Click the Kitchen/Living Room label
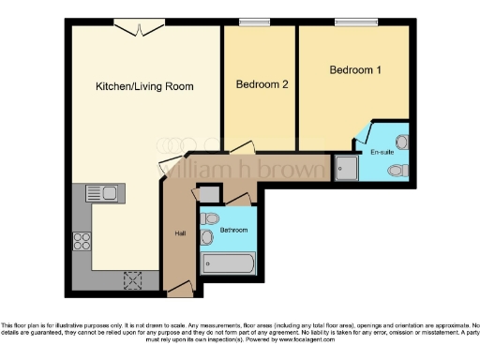(x=144, y=86)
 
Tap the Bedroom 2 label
(x=261, y=84)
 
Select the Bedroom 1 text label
(x=355, y=70)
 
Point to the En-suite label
(x=382, y=150)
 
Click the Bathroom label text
(x=233, y=230)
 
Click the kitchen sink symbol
(x=100, y=193)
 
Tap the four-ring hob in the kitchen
(x=82, y=240)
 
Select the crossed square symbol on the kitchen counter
(x=132, y=278)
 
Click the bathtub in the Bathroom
(x=229, y=263)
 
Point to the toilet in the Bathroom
(x=209, y=218)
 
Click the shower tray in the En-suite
(x=345, y=168)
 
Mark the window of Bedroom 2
(x=252, y=22)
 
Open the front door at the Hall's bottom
(x=180, y=291)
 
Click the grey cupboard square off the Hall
(x=210, y=194)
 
